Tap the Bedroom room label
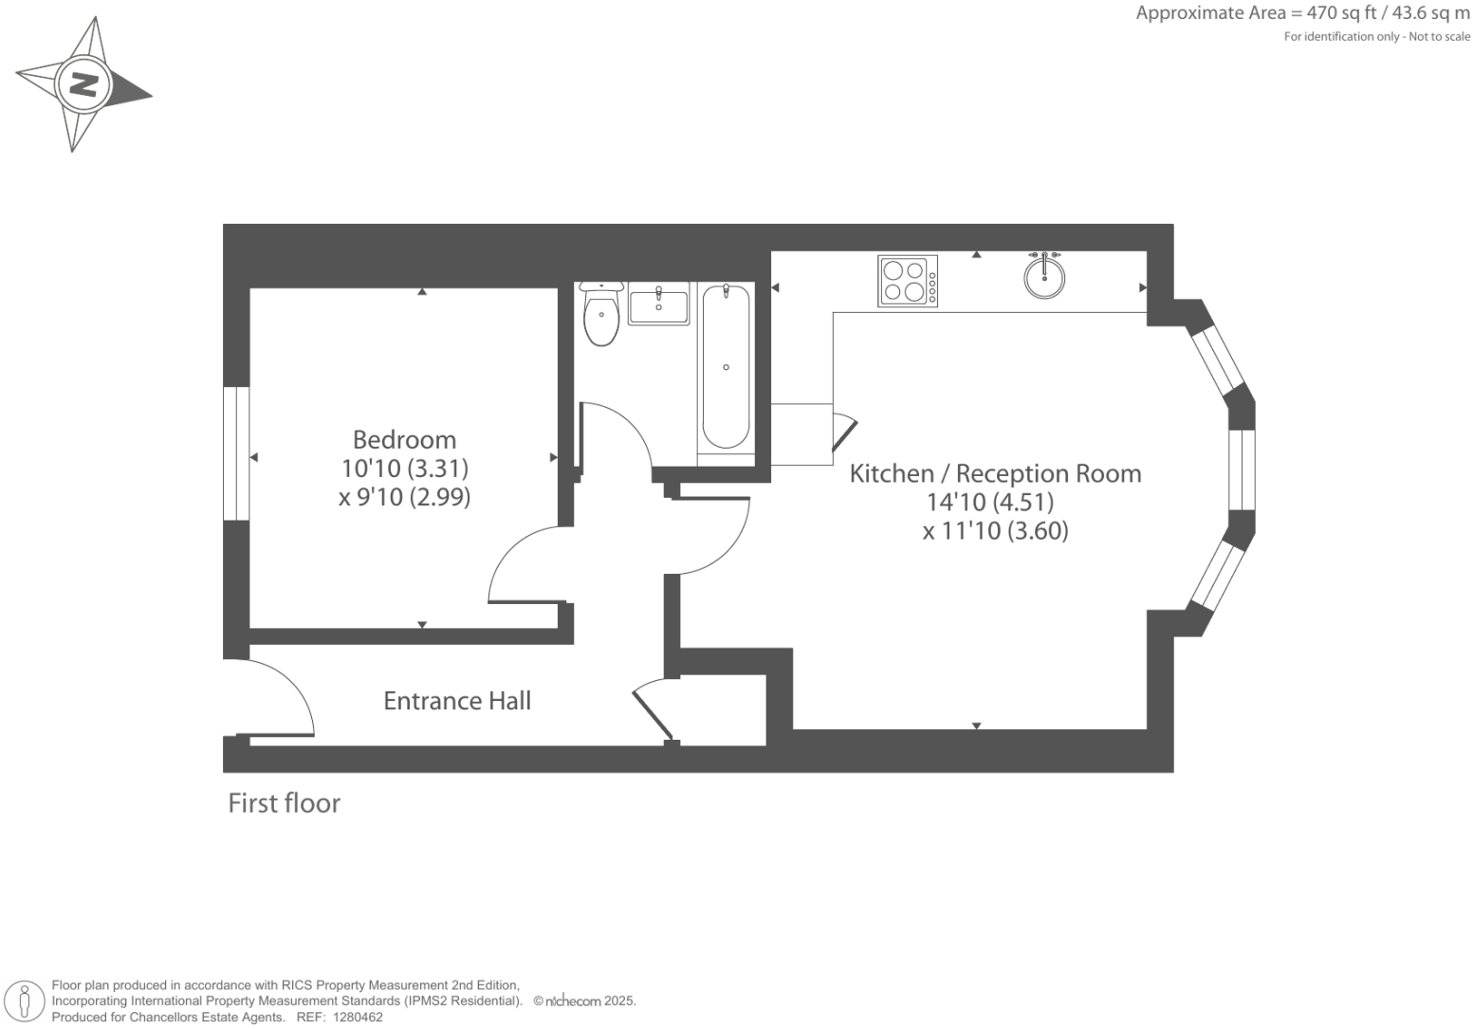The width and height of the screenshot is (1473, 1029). tap(404, 440)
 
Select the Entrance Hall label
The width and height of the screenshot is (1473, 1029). tap(456, 701)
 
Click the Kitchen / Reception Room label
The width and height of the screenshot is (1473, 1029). tap(995, 473)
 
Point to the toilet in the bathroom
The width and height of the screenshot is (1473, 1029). tap(601, 316)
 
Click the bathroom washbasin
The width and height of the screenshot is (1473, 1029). tap(658, 304)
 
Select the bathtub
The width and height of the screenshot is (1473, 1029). tap(726, 367)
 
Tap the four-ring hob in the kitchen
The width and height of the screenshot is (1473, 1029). tap(908, 281)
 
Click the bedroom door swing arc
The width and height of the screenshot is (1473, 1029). tap(517, 564)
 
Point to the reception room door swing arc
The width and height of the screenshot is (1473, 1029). tap(716, 541)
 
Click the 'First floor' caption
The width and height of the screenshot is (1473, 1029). tap(284, 803)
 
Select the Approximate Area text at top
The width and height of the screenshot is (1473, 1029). tap(1302, 13)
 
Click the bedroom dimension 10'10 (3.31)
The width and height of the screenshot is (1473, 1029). tap(404, 469)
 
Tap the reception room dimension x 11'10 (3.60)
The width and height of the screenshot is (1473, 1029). tap(995, 531)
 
